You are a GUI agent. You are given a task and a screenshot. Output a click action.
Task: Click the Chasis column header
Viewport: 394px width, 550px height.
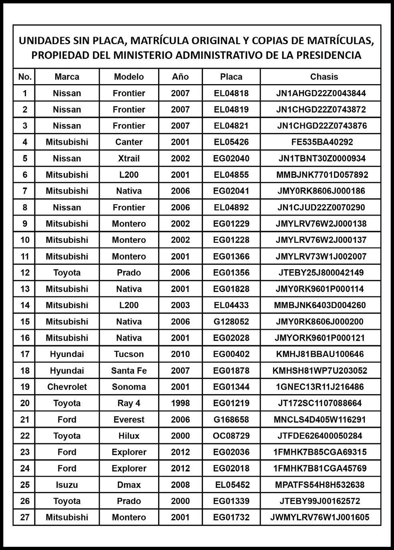click(324, 77)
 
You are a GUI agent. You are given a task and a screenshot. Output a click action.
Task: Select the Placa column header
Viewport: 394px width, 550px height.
click(231, 77)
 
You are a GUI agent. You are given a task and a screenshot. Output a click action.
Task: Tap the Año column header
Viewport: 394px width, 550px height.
click(180, 77)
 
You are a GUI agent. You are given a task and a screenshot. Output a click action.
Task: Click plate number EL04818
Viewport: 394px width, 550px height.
click(231, 93)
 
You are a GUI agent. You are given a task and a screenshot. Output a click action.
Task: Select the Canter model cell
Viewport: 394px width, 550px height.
click(129, 142)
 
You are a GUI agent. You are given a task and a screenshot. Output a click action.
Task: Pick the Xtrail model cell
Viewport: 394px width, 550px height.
click(129, 158)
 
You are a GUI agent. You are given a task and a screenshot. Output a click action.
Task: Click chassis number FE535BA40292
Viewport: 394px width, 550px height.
click(322, 142)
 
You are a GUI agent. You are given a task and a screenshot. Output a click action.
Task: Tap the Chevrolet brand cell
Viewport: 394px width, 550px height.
click(67, 387)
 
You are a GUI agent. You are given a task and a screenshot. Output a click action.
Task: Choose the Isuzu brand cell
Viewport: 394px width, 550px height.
click(67, 485)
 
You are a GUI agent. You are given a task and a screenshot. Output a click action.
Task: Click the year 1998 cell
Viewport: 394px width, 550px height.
click(180, 403)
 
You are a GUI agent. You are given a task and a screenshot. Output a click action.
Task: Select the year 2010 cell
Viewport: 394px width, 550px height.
click(180, 354)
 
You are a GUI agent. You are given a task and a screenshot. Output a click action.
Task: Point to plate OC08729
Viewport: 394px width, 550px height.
click(231, 436)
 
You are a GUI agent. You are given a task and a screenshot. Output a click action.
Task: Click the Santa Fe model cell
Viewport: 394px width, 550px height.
click(129, 371)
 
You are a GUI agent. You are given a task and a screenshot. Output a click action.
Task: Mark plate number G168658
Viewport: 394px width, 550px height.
click(231, 419)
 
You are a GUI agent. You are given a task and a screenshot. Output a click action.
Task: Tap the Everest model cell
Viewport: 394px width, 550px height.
click(129, 419)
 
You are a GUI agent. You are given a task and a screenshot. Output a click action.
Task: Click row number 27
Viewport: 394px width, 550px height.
click(25, 517)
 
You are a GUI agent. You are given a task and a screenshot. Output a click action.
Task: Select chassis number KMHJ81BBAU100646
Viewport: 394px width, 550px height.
click(320, 354)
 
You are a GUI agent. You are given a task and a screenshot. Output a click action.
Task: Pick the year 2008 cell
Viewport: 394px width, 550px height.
click(180, 485)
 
